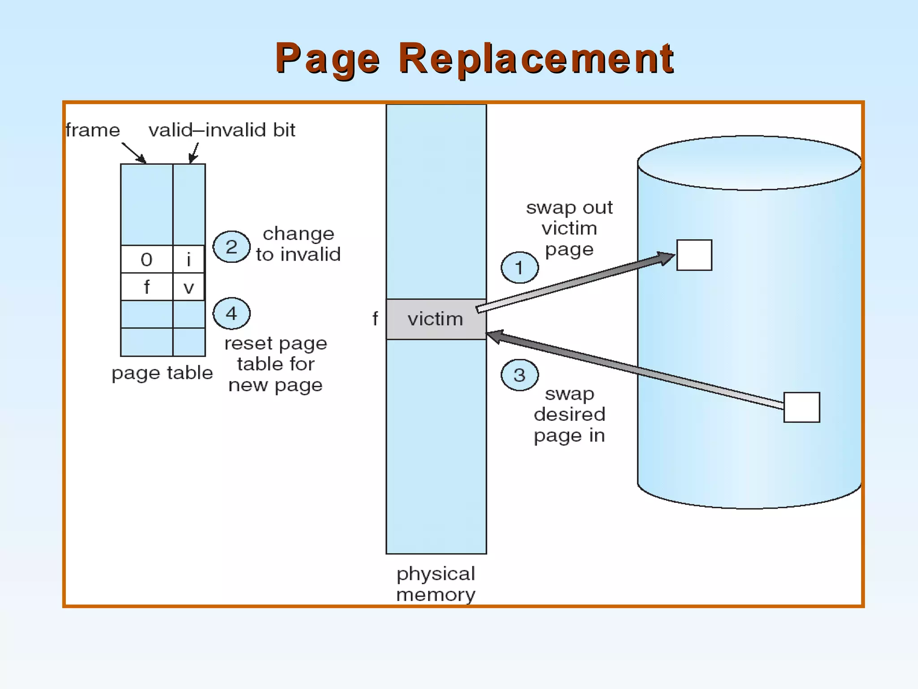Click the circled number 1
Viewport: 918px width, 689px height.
click(x=520, y=268)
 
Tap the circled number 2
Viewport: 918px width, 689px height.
click(x=231, y=247)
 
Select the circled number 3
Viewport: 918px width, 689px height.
click(x=520, y=375)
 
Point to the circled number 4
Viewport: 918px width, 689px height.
click(x=231, y=313)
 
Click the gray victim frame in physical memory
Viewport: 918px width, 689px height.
click(x=436, y=319)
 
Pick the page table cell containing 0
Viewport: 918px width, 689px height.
click(x=147, y=260)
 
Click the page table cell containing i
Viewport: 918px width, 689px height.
click(x=189, y=260)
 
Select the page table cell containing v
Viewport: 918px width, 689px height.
click(x=189, y=287)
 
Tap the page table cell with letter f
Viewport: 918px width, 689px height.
click(x=147, y=287)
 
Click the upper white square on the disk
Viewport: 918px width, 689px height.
click(x=694, y=255)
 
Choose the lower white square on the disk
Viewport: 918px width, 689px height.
click(x=801, y=407)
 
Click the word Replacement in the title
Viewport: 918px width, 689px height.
click(x=536, y=58)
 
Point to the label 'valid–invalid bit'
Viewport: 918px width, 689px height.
click(x=222, y=130)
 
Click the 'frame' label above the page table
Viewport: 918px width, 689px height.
click(x=93, y=130)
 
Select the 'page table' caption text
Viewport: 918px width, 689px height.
click(x=162, y=373)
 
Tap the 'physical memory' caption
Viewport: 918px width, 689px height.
click(x=436, y=584)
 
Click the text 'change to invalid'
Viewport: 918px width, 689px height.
click(x=298, y=244)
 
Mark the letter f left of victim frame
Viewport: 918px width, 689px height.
click(x=375, y=319)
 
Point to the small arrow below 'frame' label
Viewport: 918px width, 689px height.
click(x=134, y=153)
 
